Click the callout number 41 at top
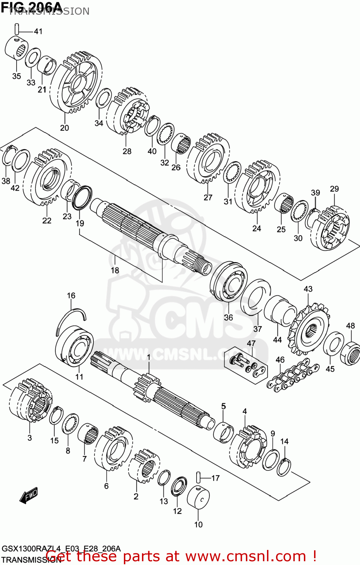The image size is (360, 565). pyautogui.click(x=38, y=31)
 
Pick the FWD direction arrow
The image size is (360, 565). pyautogui.click(x=29, y=495)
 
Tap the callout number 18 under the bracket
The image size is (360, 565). pyautogui.click(x=115, y=270)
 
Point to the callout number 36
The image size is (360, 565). pyautogui.click(x=228, y=318)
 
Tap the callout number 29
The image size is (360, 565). pyautogui.click(x=334, y=189)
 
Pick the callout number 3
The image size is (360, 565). pyautogui.click(x=29, y=438)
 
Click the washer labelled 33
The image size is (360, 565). pyautogui.click(x=33, y=58)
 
